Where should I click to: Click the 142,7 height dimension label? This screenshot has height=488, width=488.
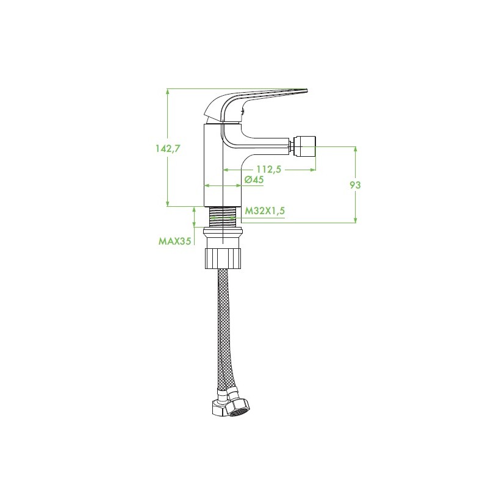[x=168, y=149]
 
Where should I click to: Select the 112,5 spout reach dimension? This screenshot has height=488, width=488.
[x=268, y=170]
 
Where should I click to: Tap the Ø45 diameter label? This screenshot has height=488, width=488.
[x=254, y=179]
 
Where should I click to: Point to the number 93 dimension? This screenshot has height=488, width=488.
[x=355, y=185]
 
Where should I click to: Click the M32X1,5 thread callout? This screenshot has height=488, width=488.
[x=265, y=210]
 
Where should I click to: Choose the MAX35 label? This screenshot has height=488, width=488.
[x=174, y=241]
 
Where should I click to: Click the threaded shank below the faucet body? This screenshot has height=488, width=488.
[x=223, y=217]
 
